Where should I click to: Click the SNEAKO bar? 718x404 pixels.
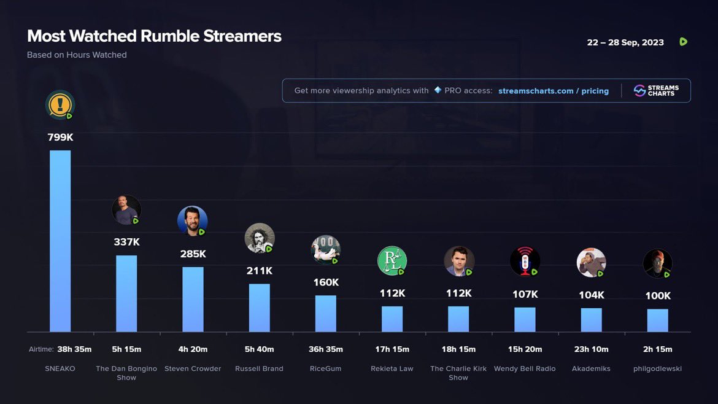click(x=60, y=241)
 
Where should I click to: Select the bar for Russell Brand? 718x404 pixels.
click(x=259, y=308)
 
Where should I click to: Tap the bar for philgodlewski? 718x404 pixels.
click(x=658, y=320)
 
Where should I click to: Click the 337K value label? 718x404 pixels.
click(x=126, y=242)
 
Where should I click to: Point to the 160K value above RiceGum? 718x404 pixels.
click(x=326, y=282)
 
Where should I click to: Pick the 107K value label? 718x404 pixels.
click(x=525, y=294)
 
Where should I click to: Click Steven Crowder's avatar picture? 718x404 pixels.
click(x=192, y=221)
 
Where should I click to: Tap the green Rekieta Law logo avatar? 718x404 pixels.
click(x=392, y=260)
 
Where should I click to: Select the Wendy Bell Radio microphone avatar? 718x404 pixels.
click(x=525, y=261)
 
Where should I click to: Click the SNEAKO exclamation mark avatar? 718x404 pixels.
click(x=60, y=105)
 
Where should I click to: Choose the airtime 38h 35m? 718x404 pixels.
click(x=74, y=349)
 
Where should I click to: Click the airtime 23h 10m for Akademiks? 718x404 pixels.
click(x=591, y=349)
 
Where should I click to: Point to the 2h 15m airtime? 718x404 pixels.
click(x=658, y=349)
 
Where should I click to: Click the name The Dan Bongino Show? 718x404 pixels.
click(x=126, y=373)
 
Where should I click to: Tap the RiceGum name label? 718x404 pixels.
click(x=326, y=368)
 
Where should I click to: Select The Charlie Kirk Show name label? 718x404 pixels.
click(x=458, y=373)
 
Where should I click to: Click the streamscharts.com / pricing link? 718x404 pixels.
click(x=554, y=91)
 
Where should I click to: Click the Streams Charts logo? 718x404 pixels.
click(x=656, y=91)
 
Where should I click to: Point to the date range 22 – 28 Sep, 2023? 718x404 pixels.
click(x=625, y=42)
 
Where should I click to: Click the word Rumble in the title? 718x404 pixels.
click(x=169, y=36)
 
